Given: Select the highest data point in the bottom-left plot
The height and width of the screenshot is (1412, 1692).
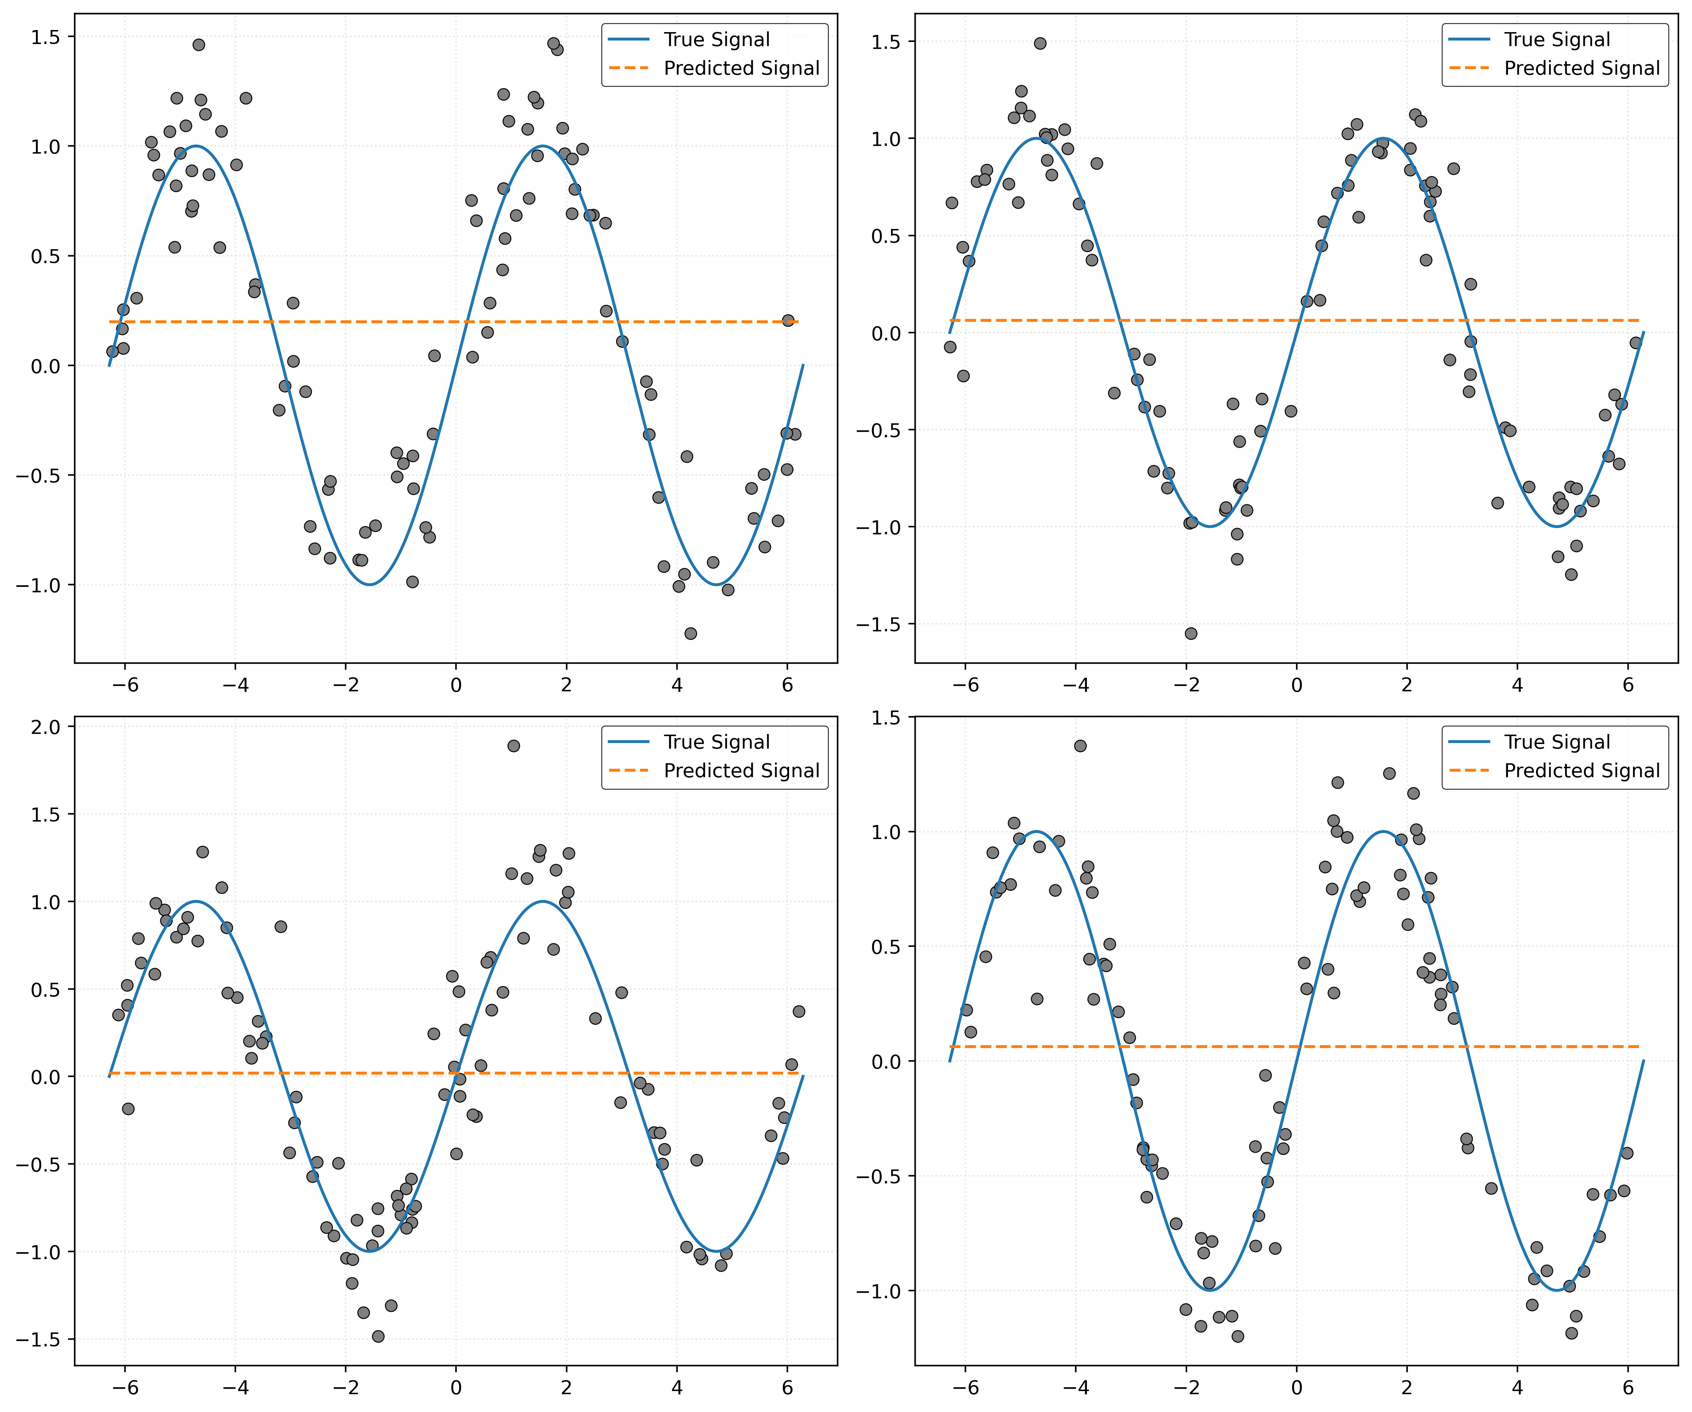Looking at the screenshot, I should coord(513,746).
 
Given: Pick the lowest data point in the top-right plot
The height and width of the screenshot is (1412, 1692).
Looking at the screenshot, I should coord(1191,633).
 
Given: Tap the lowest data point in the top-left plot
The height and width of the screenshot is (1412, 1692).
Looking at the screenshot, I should coord(691,633).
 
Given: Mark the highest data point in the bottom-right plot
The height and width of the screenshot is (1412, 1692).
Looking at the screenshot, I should coord(1081,746).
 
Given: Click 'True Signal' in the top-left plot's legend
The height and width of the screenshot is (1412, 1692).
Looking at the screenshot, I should coord(716,39).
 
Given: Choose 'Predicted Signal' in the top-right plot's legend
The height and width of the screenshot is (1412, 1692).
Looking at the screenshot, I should coord(1582,68).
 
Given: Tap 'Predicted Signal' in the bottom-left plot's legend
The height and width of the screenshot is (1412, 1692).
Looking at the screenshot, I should coord(741,771).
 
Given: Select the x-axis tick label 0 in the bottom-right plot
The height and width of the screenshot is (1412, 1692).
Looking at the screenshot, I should coord(1296,1387).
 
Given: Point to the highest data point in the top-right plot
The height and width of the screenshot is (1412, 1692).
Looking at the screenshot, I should coord(1040,44).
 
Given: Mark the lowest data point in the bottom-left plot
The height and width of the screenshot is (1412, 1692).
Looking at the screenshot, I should coord(378,1336).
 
